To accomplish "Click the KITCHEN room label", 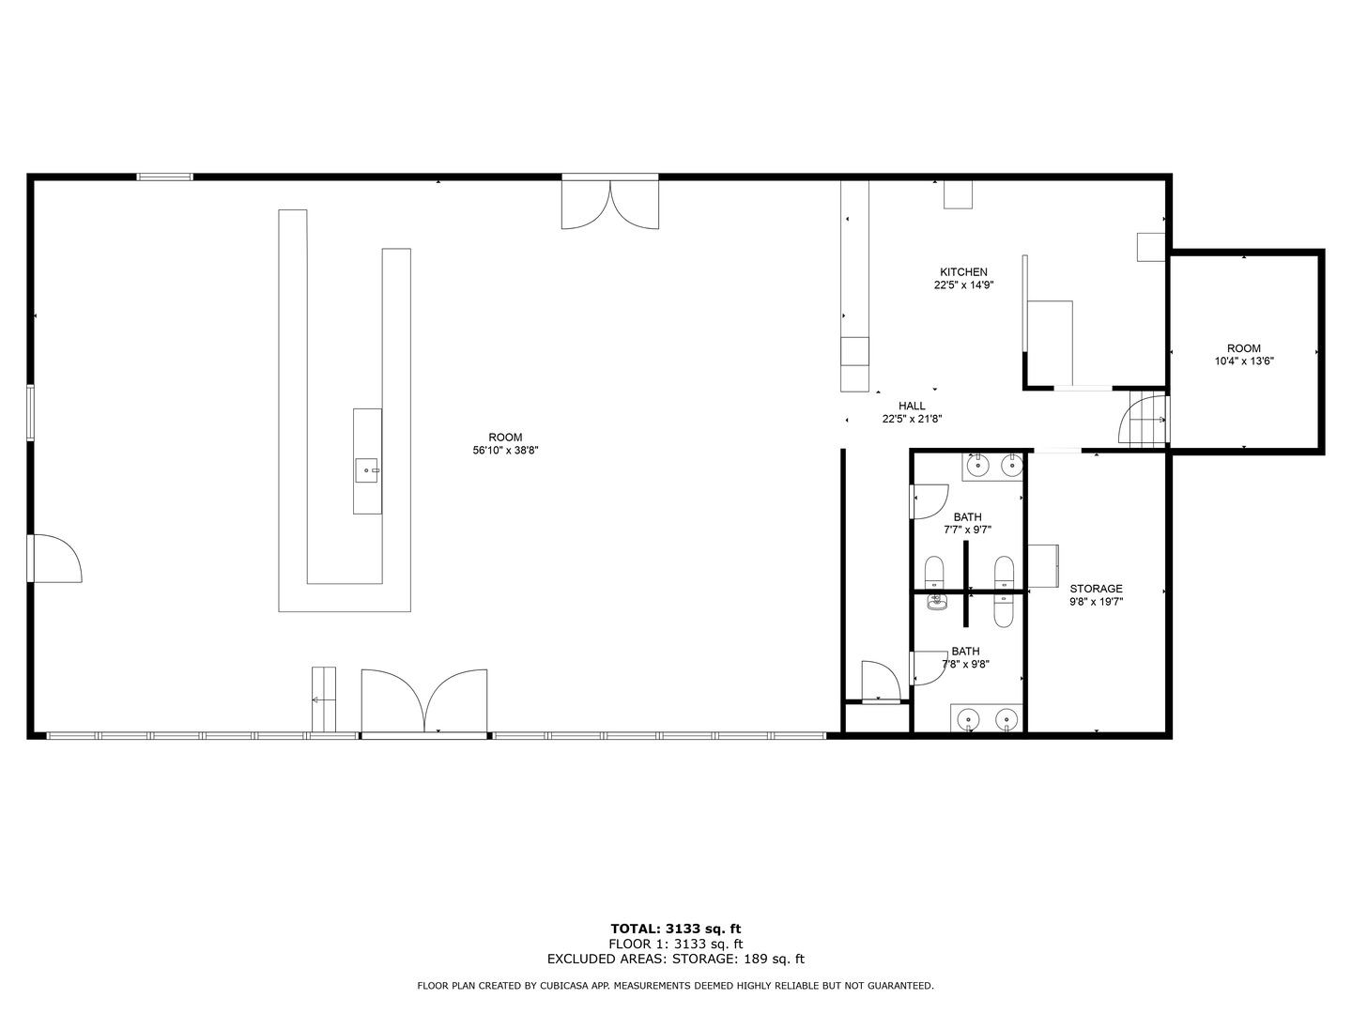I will pyautogui.click(x=963, y=272).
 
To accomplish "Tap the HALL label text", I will pyautogui.click(x=912, y=407).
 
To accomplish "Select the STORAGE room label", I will pyautogui.click(x=1096, y=589).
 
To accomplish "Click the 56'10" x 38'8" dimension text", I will pyautogui.click(x=505, y=451).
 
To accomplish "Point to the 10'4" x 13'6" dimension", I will pyautogui.click(x=1244, y=361).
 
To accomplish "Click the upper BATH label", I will pyautogui.click(x=967, y=517).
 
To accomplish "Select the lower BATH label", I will pyautogui.click(x=965, y=652).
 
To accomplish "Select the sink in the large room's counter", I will pyautogui.click(x=366, y=469).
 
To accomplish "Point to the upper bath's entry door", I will pyautogui.click(x=929, y=500).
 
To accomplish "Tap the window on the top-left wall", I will pyautogui.click(x=165, y=177).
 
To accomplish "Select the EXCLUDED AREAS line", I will pyautogui.click(x=675, y=960).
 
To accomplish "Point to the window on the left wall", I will pyautogui.click(x=31, y=412).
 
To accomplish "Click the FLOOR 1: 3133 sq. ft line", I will pyautogui.click(x=675, y=945).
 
